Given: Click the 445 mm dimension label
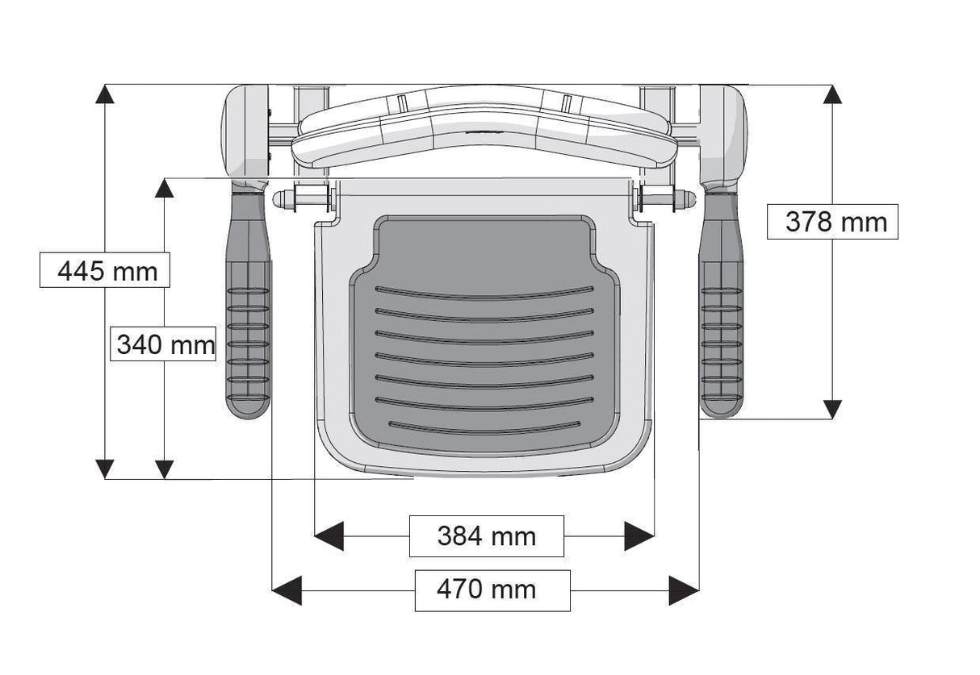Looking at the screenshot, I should [105, 270].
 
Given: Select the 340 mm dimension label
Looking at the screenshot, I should [165, 345].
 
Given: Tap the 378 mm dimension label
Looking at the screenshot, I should [836, 222].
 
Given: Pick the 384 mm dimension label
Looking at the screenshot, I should [486, 535].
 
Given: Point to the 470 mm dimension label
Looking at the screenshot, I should [492, 590].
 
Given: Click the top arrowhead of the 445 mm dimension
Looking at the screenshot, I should [105, 95].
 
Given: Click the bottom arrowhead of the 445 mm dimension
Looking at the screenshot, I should [105, 468].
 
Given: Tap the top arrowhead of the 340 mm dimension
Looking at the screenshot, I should [165, 189].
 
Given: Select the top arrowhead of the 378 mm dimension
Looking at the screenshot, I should [831, 94].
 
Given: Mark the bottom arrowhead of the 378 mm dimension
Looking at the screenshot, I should [831, 408].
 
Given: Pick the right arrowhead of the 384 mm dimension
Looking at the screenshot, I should [639, 535].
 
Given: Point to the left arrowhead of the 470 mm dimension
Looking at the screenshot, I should [287, 590].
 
